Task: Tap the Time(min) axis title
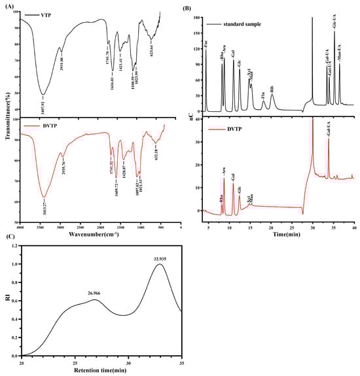[x=280, y=233]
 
